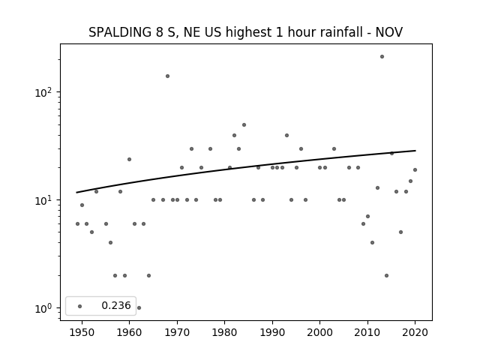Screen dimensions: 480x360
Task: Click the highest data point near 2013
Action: (382, 57)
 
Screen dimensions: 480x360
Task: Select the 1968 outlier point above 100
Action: (167, 76)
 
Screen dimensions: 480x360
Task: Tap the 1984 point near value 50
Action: (244, 125)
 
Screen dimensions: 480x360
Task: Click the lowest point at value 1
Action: (139, 308)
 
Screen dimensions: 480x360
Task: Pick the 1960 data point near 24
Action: (129, 160)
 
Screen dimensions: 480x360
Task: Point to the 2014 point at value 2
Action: (387, 275)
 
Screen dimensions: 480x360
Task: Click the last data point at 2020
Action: (415, 170)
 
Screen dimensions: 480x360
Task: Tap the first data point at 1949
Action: (77, 223)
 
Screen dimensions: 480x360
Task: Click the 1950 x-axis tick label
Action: (82, 332)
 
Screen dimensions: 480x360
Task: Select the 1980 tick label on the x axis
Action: (224, 332)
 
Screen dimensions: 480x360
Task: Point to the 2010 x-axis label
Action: (367, 332)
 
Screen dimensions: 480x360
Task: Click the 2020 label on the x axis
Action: (415, 332)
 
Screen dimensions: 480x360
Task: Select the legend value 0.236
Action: (116, 305)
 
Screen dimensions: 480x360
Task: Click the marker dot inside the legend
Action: (80, 306)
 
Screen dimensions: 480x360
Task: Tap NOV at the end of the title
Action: (389, 32)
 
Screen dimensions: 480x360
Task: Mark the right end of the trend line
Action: (415, 151)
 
